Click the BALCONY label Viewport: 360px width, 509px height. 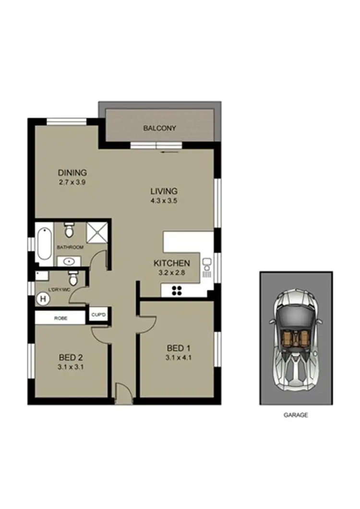160,129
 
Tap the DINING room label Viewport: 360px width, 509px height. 72,173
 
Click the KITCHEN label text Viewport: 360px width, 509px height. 171,263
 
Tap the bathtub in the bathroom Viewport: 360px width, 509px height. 43,244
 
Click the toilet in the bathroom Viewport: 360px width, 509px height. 69,231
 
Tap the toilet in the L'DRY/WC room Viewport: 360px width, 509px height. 73,278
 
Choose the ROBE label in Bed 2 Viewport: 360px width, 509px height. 60,318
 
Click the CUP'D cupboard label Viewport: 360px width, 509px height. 98,315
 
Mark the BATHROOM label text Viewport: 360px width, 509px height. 70,248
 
